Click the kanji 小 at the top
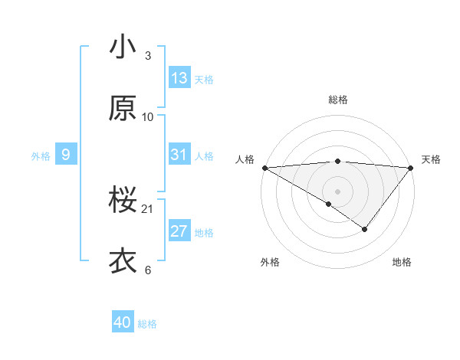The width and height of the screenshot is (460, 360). coord(123,47)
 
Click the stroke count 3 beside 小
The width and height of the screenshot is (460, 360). coord(148,56)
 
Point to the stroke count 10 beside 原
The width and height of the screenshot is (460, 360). coord(148,117)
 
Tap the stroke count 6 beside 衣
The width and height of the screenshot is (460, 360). coord(148,270)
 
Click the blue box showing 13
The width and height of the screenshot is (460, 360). coord(179,78)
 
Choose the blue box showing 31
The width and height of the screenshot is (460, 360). coord(179,155)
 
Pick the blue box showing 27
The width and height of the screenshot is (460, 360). coord(179,231)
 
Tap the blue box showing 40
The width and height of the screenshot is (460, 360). coord(123,323)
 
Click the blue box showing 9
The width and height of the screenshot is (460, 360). coord(66,155)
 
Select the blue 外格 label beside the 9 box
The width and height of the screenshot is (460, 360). coord(41,156)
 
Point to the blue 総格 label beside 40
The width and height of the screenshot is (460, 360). coord(147,325)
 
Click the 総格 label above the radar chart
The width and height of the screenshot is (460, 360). coord(337,100)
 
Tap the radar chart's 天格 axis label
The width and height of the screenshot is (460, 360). coord(431,159)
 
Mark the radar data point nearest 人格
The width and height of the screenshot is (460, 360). coord(264,167)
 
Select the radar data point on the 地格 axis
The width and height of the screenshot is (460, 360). coord(365,229)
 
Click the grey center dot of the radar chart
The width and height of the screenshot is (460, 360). coord(337,191)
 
